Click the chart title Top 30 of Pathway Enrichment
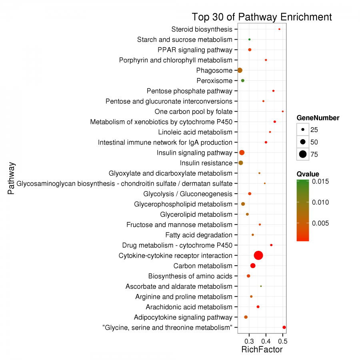[262, 17]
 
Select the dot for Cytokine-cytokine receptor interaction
[258, 256]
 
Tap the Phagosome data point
[240, 70]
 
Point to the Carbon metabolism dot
[253, 266]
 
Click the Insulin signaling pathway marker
[242, 152]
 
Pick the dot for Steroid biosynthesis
[279, 29]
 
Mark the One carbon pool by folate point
[283, 112]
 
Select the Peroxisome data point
[242, 80]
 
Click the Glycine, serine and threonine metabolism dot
[284, 327]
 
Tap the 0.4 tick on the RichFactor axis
[266, 341]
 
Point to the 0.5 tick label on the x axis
[282, 341]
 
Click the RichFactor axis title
[262, 350]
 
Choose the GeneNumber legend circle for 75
[303, 154]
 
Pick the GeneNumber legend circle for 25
[303, 130]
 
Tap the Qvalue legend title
[308, 174]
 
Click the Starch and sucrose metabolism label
[184, 40]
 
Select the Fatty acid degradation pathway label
[198, 235]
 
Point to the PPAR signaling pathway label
[195, 50]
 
